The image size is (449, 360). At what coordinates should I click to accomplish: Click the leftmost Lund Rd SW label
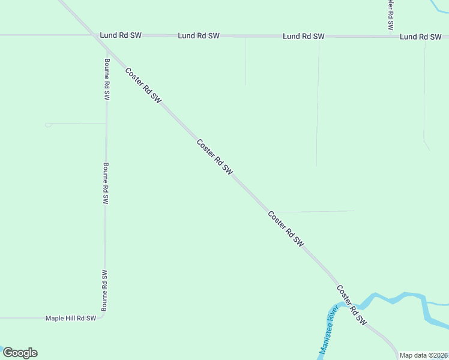[x=121, y=35]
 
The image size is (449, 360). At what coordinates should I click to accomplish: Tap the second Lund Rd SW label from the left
[x=199, y=36]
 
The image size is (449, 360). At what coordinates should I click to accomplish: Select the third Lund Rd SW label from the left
[x=304, y=37]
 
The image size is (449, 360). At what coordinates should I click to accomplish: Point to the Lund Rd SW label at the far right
[x=421, y=37]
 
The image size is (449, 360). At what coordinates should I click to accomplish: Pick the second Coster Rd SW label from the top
[x=215, y=157]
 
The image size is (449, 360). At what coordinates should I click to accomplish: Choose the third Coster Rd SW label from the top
[x=286, y=229]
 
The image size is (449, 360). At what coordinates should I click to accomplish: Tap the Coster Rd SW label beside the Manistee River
[x=351, y=305]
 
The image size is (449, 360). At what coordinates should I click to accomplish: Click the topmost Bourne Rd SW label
[x=107, y=79]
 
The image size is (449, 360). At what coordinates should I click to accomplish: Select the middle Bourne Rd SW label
[x=106, y=184]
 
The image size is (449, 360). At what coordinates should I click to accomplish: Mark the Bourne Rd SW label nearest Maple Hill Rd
[x=104, y=290]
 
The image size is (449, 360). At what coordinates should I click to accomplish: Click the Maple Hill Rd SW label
[x=71, y=318]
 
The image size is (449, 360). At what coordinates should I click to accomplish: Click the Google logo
[x=20, y=353]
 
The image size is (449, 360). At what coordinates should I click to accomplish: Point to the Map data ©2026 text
[x=423, y=355]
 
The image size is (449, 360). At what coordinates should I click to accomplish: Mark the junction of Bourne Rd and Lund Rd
[x=107, y=36]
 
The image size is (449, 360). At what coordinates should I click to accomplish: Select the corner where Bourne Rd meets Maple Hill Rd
[x=103, y=315]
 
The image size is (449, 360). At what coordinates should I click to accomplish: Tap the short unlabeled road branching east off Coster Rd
[x=312, y=211]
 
